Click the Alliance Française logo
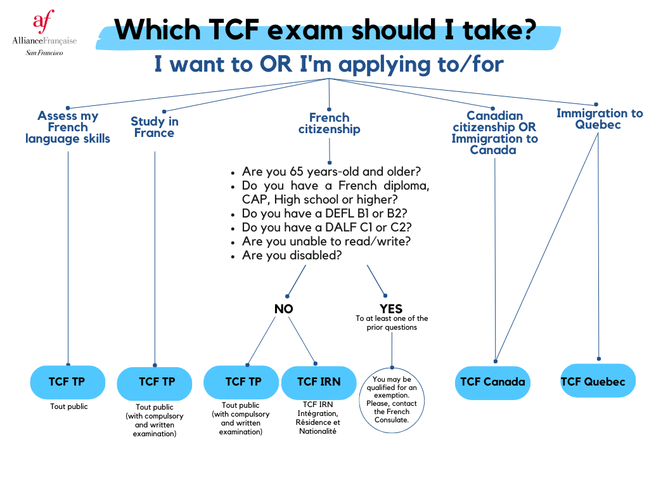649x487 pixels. pyautogui.click(x=44, y=33)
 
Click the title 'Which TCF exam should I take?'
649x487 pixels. pyautogui.click(x=325, y=29)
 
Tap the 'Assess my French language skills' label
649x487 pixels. pyautogui.click(x=68, y=127)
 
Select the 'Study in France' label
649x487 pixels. pyautogui.click(x=155, y=127)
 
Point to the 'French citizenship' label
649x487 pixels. pyautogui.click(x=330, y=123)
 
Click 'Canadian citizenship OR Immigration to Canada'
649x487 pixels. pyautogui.click(x=494, y=133)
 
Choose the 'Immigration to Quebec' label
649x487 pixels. pyautogui.click(x=600, y=119)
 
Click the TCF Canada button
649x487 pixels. pyautogui.click(x=492, y=382)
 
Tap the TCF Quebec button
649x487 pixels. pyautogui.click(x=593, y=381)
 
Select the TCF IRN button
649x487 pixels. pyautogui.click(x=319, y=382)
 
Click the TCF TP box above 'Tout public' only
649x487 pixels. pyautogui.click(x=67, y=382)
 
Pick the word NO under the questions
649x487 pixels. pyautogui.click(x=283, y=309)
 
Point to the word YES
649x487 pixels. pyautogui.click(x=391, y=309)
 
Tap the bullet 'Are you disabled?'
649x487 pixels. pyautogui.click(x=292, y=255)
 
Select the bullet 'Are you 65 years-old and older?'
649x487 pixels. pyautogui.click(x=331, y=172)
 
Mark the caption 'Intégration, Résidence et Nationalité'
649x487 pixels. pyautogui.click(x=319, y=422)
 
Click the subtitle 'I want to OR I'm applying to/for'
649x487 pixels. pyautogui.click(x=329, y=64)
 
